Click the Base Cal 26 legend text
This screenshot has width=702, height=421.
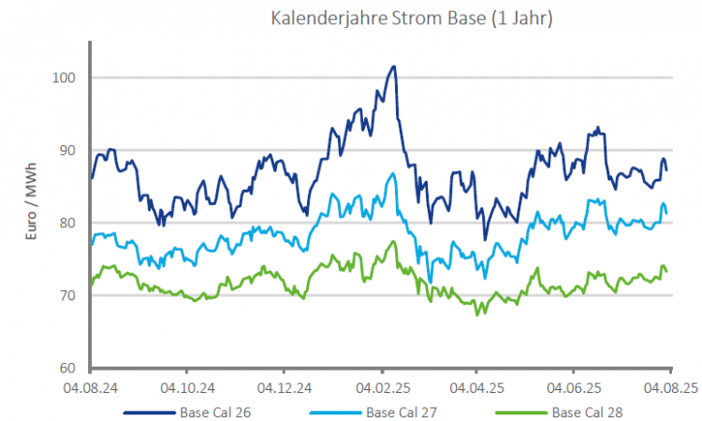tap(216, 412)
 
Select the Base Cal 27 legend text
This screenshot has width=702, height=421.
tap(402, 412)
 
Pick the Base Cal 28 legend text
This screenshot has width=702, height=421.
tap(587, 412)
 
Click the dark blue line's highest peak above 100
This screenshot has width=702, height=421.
tap(394, 66)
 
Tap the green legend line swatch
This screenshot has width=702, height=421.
tap(519, 412)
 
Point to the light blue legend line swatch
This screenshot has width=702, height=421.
tap(333, 412)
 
